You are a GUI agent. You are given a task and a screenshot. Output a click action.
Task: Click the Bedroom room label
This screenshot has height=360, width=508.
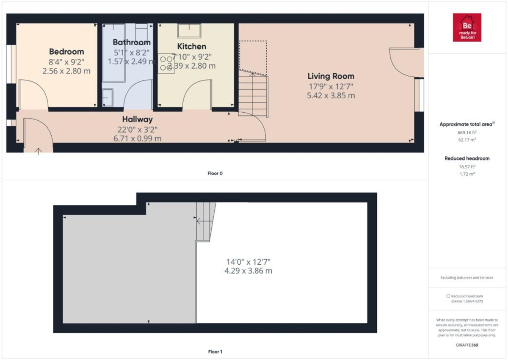click(66, 52)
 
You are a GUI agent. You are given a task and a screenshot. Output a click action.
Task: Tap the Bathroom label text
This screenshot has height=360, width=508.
click(132, 42)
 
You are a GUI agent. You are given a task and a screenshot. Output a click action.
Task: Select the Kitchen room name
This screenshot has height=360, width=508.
click(191, 47)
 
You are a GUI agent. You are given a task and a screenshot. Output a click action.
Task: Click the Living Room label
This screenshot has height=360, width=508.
click(331, 76)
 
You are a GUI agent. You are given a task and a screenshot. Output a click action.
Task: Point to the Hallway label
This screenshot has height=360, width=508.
click(138, 119)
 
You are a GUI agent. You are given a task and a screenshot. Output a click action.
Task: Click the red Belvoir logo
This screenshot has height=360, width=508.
click(467, 28)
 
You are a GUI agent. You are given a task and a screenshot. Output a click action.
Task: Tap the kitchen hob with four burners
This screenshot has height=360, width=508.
click(166, 63)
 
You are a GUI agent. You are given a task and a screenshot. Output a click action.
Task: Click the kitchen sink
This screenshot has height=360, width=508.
click(189, 30)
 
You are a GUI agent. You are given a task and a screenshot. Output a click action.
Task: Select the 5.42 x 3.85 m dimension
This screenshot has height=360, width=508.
click(331, 96)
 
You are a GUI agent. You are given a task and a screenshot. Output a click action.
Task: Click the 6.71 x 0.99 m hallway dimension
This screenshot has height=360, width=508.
click(138, 138)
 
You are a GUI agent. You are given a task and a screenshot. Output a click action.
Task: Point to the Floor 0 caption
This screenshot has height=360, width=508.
click(215, 173)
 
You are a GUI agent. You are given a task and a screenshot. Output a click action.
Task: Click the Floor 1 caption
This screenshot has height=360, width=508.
click(215, 352)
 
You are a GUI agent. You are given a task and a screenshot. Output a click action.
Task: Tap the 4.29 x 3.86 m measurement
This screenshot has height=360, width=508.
click(248, 271)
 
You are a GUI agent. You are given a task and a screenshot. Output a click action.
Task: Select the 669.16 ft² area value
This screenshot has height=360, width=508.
click(467, 132)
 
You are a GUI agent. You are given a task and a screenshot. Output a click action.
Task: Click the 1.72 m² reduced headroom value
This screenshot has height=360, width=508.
click(467, 174)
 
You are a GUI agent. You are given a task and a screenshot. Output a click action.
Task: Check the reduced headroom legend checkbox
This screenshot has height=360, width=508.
click(448, 296)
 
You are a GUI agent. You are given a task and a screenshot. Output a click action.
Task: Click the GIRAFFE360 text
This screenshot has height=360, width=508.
click(467, 345)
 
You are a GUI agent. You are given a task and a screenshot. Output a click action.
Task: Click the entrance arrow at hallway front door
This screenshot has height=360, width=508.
click(39, 150)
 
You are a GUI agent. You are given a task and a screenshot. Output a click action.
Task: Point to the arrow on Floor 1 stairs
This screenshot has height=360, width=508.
click(198, 220)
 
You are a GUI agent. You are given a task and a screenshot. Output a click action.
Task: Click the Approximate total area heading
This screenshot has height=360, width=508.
click(467, 125)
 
